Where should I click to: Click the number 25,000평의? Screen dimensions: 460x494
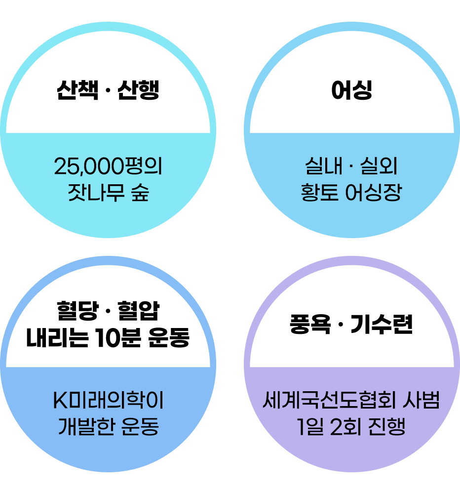coord(108,167)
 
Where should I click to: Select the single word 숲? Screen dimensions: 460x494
coord(139,193)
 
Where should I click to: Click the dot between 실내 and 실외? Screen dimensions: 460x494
coord(351,167)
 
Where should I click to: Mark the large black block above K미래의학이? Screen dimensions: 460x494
coord(108,324)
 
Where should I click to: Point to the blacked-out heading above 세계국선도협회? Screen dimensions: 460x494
coord(351,326)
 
